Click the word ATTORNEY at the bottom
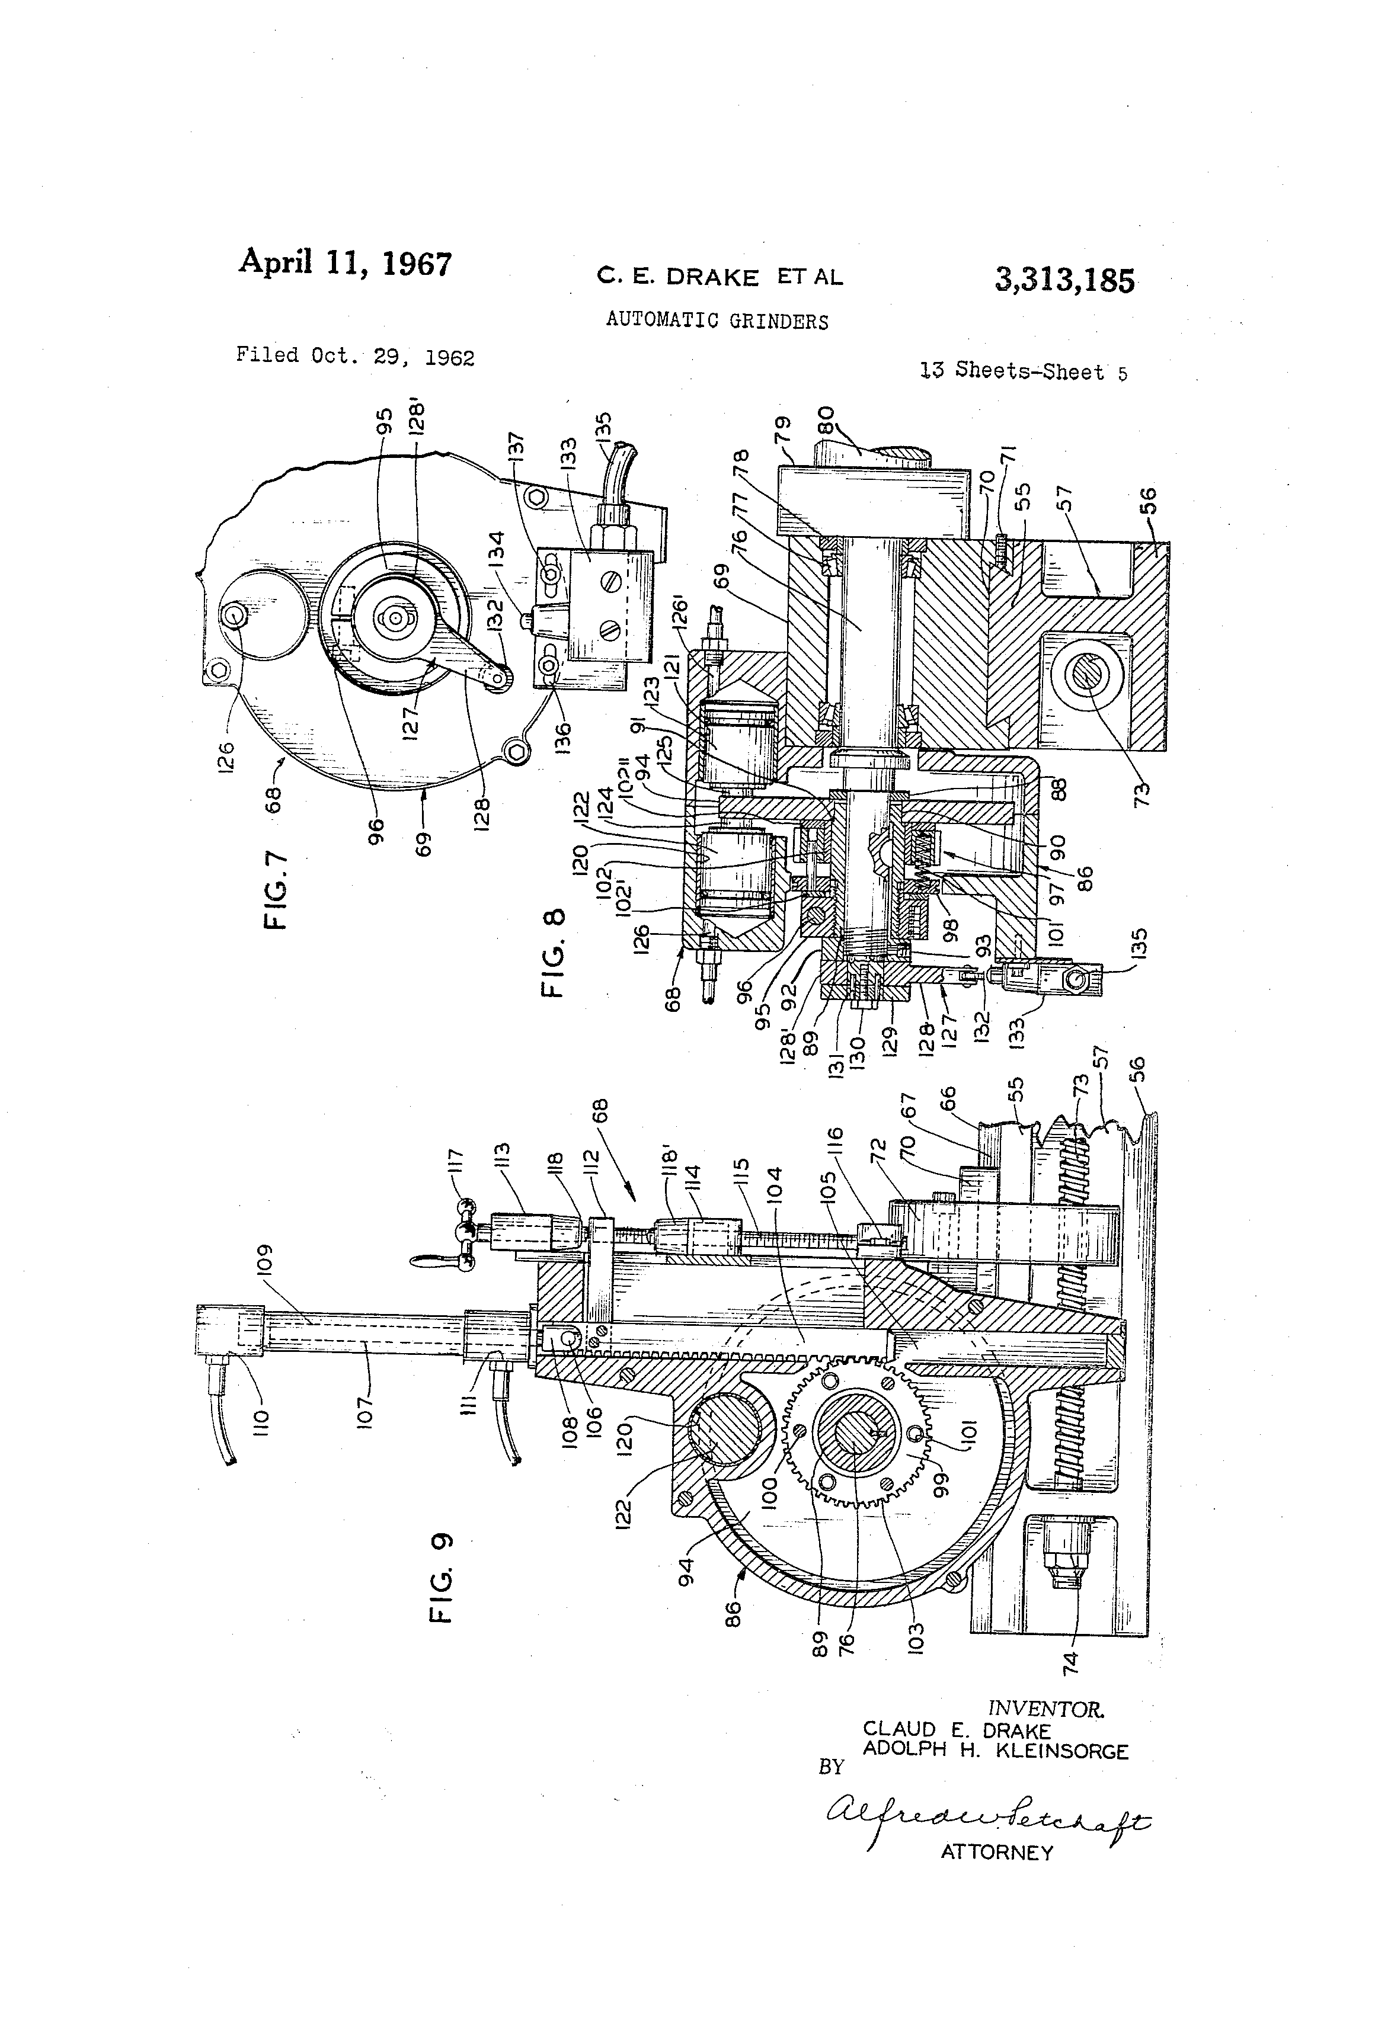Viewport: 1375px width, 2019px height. (x=996, y=1852)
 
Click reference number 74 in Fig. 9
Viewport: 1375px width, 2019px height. (x=1071, y=1659)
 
